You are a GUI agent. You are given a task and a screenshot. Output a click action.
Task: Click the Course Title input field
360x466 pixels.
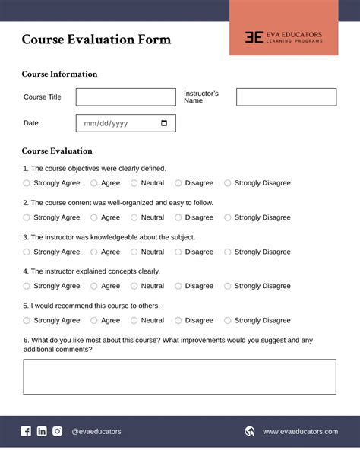[x=125, y=97]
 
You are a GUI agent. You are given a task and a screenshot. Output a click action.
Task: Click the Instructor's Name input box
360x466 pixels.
[x=286, y=97]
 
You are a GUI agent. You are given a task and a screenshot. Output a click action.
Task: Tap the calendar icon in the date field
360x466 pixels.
[x=165, y=123]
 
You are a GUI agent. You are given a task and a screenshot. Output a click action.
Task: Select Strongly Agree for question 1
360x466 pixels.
[x=27, y=183]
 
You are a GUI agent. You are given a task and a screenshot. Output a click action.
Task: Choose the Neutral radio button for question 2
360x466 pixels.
[x=134, y=217]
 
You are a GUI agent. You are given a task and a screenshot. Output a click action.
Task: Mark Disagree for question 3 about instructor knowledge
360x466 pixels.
[x=178, y=252]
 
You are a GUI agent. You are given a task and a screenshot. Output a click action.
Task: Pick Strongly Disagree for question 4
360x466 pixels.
[x=228, y=286]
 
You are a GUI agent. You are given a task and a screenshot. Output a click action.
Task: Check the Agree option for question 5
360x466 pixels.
[x=94, y=320]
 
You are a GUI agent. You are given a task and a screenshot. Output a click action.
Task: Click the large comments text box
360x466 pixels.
[x=179, y=377]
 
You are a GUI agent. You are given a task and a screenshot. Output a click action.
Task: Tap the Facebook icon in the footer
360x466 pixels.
[x=26, y=431]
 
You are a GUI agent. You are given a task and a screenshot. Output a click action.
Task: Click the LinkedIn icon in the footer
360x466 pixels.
[x=42, y=431]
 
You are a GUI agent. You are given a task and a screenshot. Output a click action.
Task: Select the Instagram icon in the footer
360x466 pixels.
[x=58, y=431]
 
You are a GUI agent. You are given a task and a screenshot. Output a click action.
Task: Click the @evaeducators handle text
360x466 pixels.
[x=96, y=432]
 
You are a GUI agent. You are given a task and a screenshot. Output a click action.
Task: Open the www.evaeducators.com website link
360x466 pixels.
[x=300, y=432]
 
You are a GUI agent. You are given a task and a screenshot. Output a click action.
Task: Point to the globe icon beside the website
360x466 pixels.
[x=250, y=431]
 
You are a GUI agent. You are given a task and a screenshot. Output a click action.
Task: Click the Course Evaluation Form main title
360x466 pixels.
[x=96, y=40]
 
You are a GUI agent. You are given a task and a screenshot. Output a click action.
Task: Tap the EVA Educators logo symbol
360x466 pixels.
[x=254, y=36]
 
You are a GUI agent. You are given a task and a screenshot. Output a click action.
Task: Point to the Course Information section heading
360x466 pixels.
[x=59, y=74]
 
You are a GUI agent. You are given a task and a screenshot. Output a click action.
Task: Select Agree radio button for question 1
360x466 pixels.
[x=94, y=183]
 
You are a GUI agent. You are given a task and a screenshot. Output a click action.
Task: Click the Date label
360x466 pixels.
[x=31, y=123]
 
